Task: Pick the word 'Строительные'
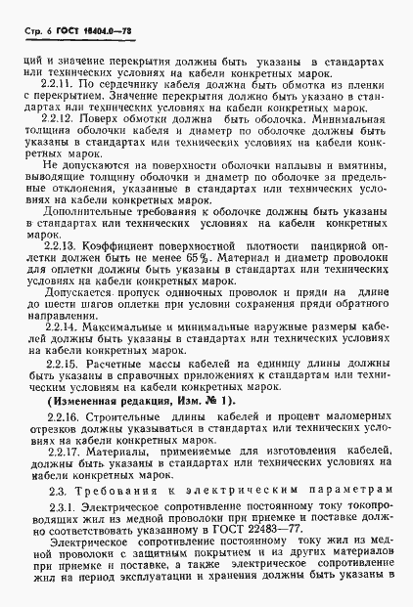point(120,444)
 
